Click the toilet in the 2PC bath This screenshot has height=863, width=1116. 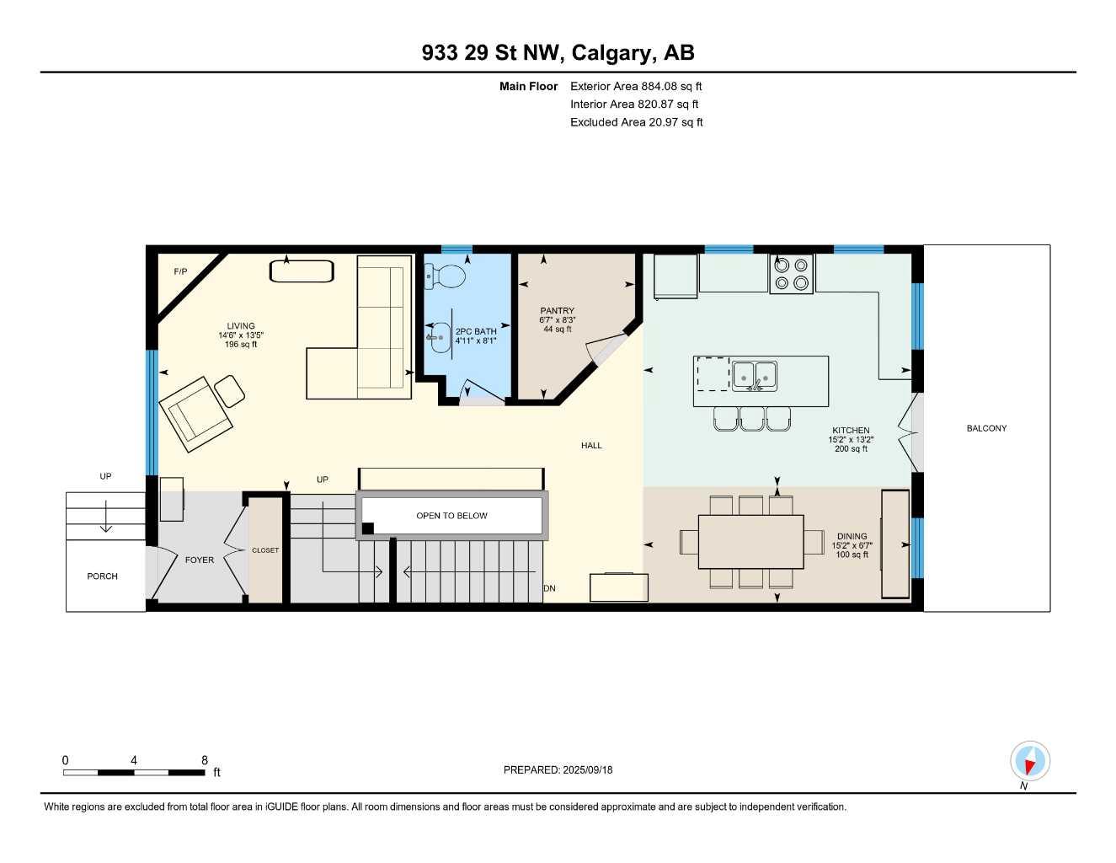pyautogui.click(x=448, y=275)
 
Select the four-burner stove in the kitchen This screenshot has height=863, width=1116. pyautogui.click(x=791, y=273)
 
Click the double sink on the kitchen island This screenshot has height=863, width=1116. pyautogui.click(x=755, y=375)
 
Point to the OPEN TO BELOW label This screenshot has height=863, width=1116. pyautogui.click(x=451, y=516)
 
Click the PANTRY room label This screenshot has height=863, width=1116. pyautogui.click(x=557, y=311)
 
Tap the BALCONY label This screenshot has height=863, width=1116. pyautogui.click(x=986, y=428)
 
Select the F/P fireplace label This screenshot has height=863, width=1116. pyautogui.click(x=180, y=271)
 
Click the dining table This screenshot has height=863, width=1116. pyautogui.click(x=750, y=541)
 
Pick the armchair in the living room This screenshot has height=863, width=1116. pyautogui.click(x=196, y=413)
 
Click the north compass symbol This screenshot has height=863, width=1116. pyautogui.click(x=1029, y=762)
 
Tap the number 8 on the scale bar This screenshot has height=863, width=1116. pyautogui.click(x=205, y=760)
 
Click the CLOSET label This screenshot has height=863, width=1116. pyautogui.click(x=265, y=550)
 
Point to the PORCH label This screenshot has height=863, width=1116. pyautogui.click(x=102, y=576)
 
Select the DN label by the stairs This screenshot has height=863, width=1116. pyautogui.click(x=550, y=588)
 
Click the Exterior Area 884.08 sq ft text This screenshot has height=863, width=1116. pyautogui.click(x=636, y=86)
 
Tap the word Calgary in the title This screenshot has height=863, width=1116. pyautogui.click(x=612, y=52)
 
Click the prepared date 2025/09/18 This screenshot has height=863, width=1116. pyautogui.click(x=588, y=769)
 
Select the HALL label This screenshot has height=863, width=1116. pyautogui.click(x=591, y=445)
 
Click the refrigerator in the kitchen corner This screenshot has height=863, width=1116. pyautogui.click(x=675, y=276)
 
